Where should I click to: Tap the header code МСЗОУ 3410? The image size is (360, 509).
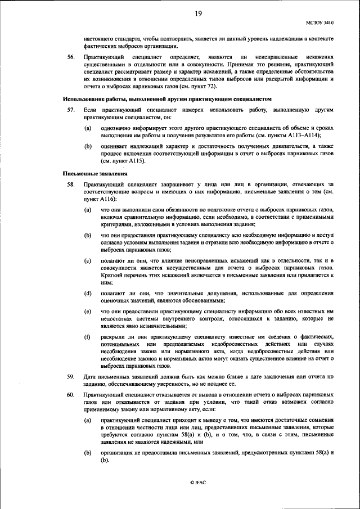pos(320,23)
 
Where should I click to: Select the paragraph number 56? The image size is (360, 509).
pos(71,57)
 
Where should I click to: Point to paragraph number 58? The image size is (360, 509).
pos(71,184)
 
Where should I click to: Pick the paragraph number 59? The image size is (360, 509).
pos(71,376)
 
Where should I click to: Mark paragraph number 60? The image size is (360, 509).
pos(71,395)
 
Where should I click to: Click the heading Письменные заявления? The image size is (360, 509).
pos(90,173)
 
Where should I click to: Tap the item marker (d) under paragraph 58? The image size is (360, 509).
pos(87,294)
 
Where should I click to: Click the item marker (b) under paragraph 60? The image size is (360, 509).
pos(87,453)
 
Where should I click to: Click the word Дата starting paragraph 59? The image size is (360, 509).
pos(89,376)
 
